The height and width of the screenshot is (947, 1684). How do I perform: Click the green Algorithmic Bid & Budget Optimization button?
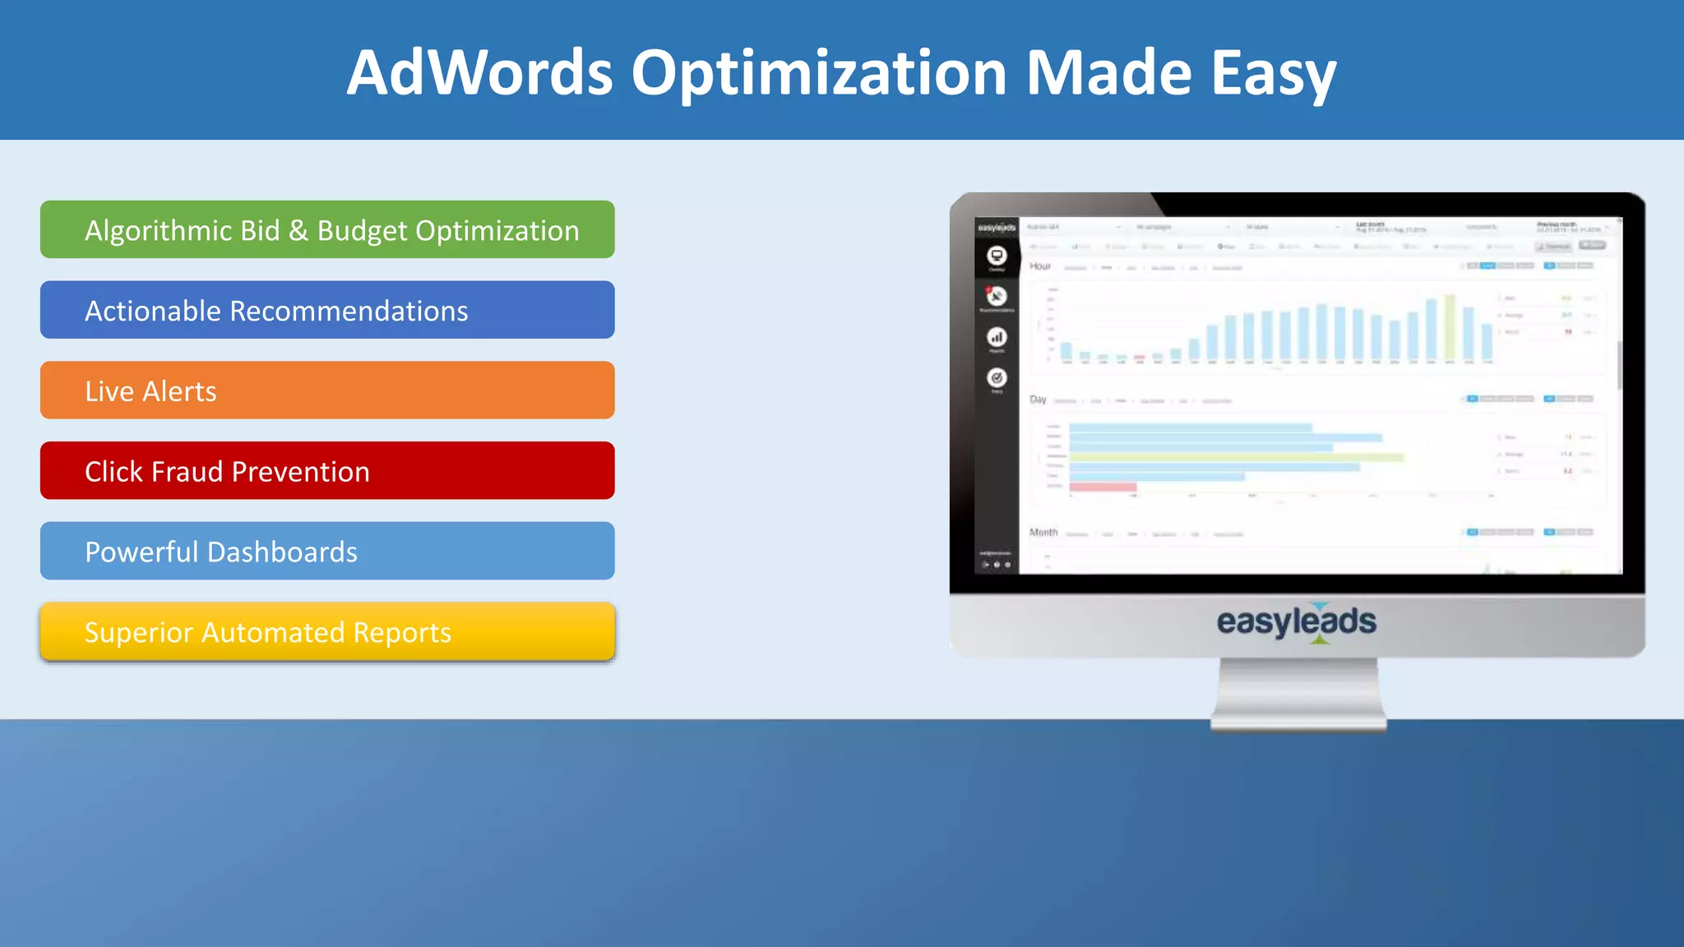(327, 229)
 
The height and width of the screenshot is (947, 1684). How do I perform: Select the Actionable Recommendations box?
(327, 310)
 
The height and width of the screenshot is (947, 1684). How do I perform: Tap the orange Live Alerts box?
(327, 390)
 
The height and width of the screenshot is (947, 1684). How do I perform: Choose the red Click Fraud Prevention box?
(327, 470)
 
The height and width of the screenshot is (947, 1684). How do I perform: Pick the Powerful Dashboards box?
(327, 551)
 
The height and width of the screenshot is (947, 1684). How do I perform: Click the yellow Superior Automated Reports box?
(327, 631)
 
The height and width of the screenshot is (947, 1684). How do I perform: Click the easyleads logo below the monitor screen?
(1296, 622)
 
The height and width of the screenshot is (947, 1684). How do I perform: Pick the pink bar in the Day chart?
(1103, 487)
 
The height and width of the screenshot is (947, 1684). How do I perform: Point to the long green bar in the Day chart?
(1236, 457)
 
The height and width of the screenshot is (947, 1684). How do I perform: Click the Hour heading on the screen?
(1040, 266)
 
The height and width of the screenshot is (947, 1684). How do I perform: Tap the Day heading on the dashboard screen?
(1038, 400)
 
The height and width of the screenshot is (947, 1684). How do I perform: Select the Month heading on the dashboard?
(1043, 533)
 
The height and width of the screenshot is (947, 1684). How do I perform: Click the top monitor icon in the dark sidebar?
(997, 256)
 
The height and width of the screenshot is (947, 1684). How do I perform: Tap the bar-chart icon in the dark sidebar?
(997, 337)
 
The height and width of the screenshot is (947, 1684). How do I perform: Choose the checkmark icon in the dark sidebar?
(997, 378)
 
